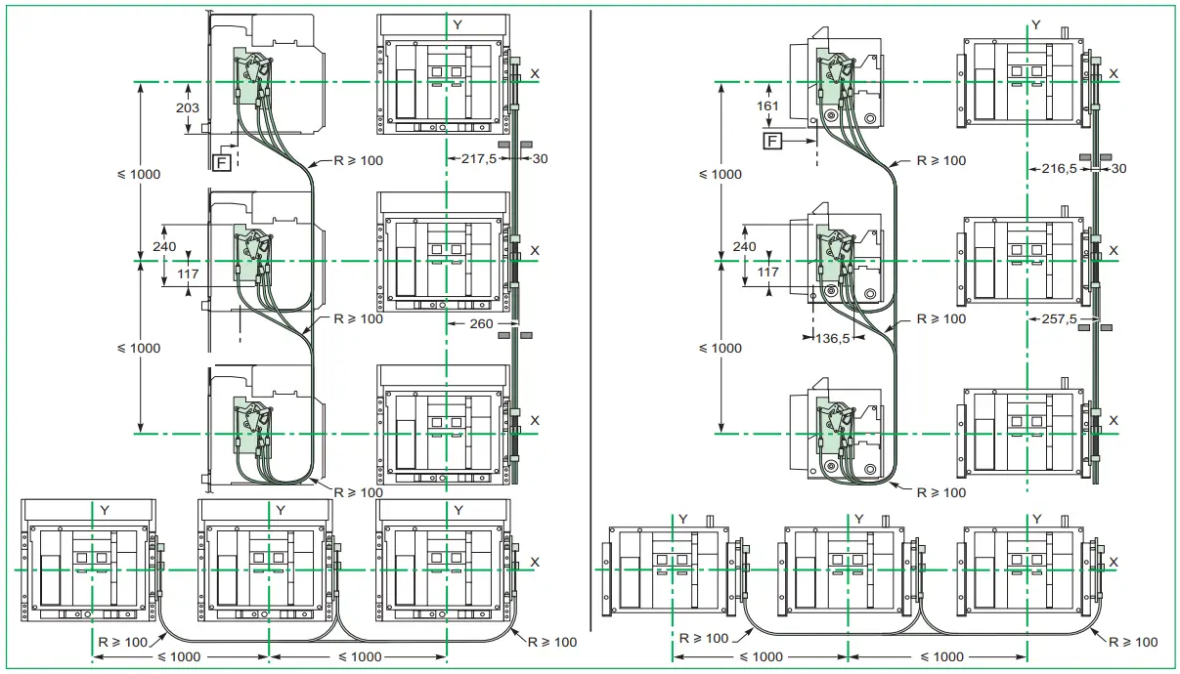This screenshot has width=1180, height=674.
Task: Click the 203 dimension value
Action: (188, 107)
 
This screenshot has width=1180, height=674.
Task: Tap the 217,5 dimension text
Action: (480, 156)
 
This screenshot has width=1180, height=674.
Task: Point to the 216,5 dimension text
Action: (1060, 168)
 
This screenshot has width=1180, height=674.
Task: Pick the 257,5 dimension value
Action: (1060, 319)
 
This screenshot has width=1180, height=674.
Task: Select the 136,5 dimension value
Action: (832, 338)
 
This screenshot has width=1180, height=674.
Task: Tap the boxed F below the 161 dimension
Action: (773, 143)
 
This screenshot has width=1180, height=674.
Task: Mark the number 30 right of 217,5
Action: (540, 156)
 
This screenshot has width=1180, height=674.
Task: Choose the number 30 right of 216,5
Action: (1118, 168)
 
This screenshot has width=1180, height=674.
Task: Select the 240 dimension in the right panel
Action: (744, 247)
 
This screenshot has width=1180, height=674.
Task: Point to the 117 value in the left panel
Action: (189, 274)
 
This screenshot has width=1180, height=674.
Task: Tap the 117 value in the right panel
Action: (768, 273)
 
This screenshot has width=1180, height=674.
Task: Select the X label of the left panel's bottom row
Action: (535, 562)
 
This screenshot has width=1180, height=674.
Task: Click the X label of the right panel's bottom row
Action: (1114, 562)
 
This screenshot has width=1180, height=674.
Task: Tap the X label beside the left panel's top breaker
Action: (535, 73)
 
